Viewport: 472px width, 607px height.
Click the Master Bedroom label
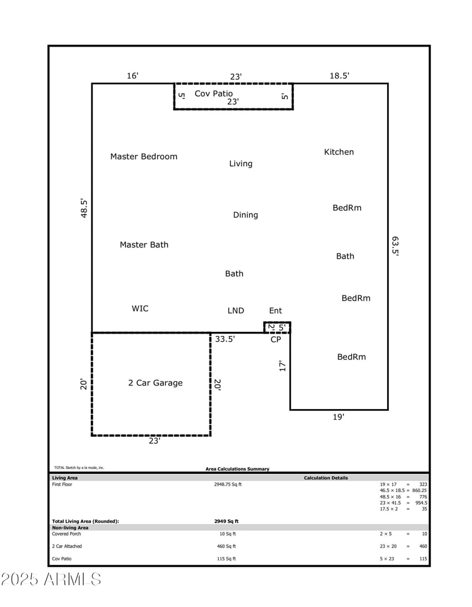coord(143,157)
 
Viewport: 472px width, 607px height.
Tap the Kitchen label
coord(339,152)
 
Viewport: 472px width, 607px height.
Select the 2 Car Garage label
coord(155,383)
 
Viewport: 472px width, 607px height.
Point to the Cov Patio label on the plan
coord(214,94)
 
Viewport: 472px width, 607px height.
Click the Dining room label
coord(245,215)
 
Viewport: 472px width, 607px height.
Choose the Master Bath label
coord(144,245)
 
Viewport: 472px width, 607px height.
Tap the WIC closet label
coord(140,309)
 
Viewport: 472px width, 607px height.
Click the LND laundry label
coord(235,311)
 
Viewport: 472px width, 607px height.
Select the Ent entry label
coord(276,311)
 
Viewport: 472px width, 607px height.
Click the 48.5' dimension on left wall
coord(84,209)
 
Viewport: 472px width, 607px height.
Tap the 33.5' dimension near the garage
coord(225,339)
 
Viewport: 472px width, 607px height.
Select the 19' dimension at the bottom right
coord(338,417)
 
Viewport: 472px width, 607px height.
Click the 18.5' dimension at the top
coord(339,75)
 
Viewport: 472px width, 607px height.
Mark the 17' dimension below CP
coord(283,366)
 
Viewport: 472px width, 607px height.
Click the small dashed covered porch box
coord(277,327)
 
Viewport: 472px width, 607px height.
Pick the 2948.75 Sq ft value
coord(227,484)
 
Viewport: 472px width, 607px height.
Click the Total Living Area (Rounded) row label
coord(86,521)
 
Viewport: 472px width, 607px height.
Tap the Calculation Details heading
coord(326,478)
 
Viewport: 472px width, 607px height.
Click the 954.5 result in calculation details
coord(421,503)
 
